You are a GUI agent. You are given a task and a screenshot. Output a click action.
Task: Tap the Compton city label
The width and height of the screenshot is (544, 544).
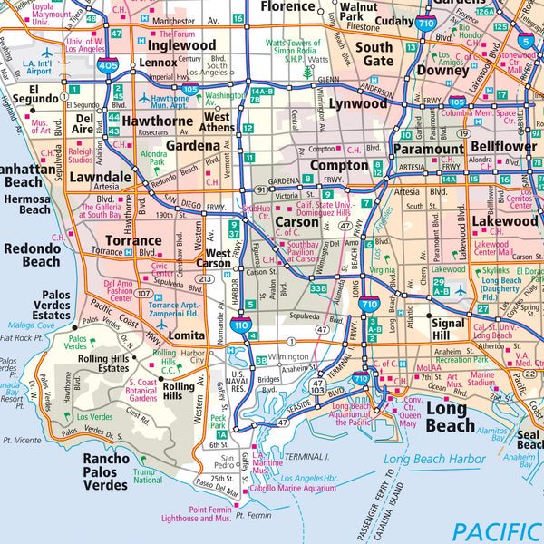click(x=339, y=166)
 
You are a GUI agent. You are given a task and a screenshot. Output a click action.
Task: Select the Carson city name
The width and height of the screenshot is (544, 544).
click(x=296, y=222)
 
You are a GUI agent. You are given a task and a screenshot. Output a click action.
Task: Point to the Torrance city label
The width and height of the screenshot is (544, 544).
click(x=133, y=241)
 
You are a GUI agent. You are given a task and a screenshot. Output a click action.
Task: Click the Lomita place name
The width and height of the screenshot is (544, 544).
click(x=187, y=335)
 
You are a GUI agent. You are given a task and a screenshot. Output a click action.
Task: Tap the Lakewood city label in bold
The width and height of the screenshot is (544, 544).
click(x=505, y=220)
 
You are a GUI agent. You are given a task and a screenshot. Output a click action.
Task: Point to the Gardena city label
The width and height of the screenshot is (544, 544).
click(x=192, y=145)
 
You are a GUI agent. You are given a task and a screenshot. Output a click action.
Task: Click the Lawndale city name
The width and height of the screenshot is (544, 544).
click(x=102, y=177)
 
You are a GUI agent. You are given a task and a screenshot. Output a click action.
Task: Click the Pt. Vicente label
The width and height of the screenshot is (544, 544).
click(x=22, y=440)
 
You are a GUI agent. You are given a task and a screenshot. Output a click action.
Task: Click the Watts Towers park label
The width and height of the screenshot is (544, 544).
click(x=292, y=49)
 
